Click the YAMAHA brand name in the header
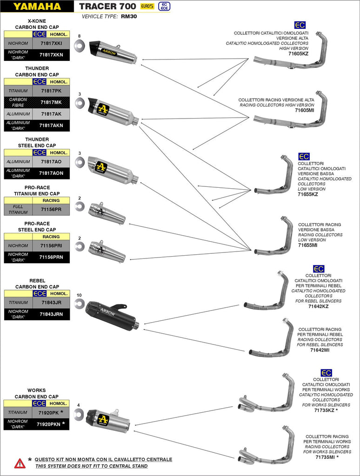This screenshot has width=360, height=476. (x=37, y=7)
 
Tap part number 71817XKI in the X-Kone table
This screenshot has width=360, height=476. (x=51, y=43)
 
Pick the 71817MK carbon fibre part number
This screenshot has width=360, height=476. (x=51, y=102)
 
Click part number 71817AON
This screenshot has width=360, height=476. (x=51, y=173)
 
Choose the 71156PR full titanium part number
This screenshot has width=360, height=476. (x=51, y=210)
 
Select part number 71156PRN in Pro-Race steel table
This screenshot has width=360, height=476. (x=51, y=257)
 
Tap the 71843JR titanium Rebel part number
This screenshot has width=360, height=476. (x=51, y=302)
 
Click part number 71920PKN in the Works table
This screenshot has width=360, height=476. (x=51, y=424)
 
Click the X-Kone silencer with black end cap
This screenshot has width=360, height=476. (x=113, y=52)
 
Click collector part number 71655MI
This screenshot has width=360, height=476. (x=307, y=245)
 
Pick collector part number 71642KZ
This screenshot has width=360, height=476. (x=318, y=306)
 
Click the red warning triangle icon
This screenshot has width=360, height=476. (x=20, y=463)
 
